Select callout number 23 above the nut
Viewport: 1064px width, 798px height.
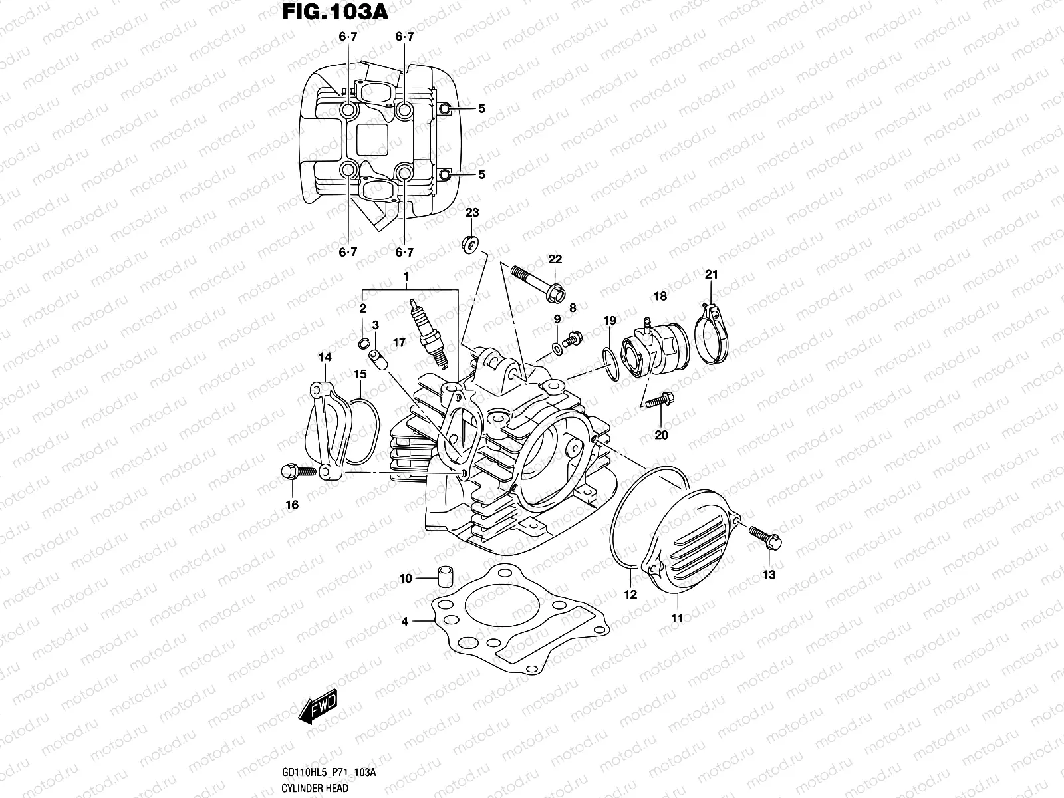click(471, 213)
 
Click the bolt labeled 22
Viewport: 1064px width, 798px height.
click(537, 282)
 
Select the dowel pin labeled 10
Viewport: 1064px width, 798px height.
click(444, 575)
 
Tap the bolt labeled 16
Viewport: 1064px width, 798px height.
click(297, 471)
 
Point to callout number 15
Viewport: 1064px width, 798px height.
click(359, 375)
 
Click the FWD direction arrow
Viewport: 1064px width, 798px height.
click(318, 706)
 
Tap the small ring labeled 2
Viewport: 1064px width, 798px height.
click(364, 343)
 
